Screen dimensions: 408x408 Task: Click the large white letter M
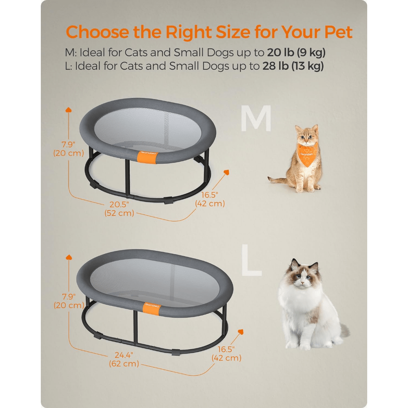pyautogui.click(x=256, y=119)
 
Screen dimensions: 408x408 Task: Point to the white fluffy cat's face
pyautogui.click(x=302, y=278)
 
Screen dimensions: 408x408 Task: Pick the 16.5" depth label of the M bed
pyautogui.click(x=210, y=199)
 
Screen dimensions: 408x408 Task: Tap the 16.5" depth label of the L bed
pyautogui.click(x=226, y=353)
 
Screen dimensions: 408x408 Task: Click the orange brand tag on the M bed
pyautogui.click(x=146, y=157)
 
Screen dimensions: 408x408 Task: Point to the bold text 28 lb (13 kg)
pyautogui.click(x=293, y=66)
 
